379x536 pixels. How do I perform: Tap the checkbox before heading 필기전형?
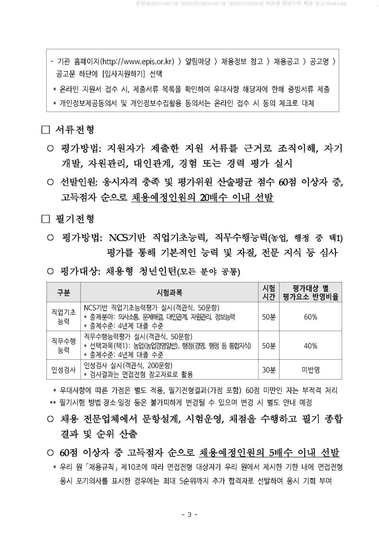pyautogui.click(x=45, y=219)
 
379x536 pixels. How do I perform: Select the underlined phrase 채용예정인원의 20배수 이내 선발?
pyautogui.click(x=202, y=198)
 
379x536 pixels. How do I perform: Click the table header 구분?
pyautogui.click(x=63, y=292)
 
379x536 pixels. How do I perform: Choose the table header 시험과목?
pyautogui.click(x=169, y=292)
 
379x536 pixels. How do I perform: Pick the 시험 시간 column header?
pyautogui.click(x=269, y=292)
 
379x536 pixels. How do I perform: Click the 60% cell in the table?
pyautogui.click(x=310, y=317)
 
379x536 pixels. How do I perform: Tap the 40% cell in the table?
pyautogui.click(x=310, y=345)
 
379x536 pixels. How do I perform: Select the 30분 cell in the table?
pyautogui.click(x=269, y=370)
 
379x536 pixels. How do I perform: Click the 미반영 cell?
pyautogui.click(x=310, y=370)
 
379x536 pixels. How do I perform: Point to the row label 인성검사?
pyautogui.click(x=63, y=370)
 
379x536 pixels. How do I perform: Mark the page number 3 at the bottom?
pyautogui.click(x=189, y=515)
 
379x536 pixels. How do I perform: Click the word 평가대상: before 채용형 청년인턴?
pyautogui.click(x=79, y=272)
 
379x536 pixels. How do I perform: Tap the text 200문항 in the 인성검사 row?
pyautogui.click(x=156, y=365)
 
